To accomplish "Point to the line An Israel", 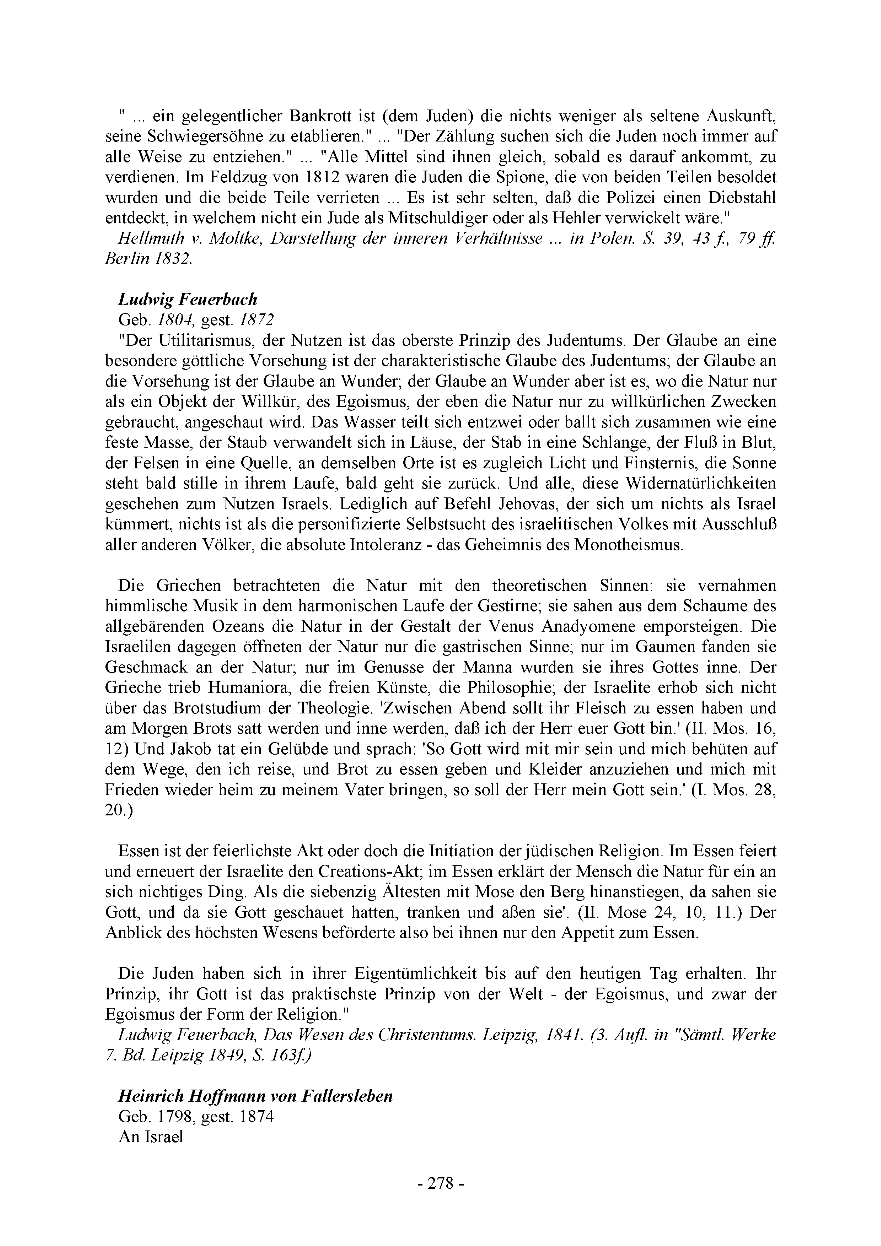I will point(150,1121).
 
